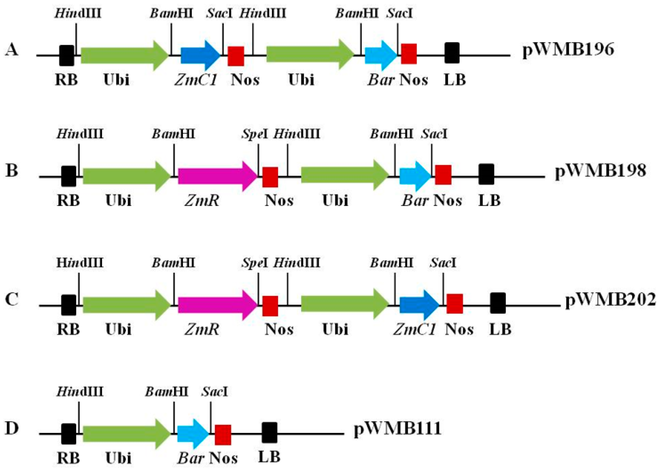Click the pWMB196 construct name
[568, 50]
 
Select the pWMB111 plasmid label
[397, 428]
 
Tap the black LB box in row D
[269, 433]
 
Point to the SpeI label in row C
[255, 263]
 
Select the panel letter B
[12, 171]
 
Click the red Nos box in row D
[223, 435]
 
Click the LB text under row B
[489, 200]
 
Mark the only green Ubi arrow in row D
[126, 434]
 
